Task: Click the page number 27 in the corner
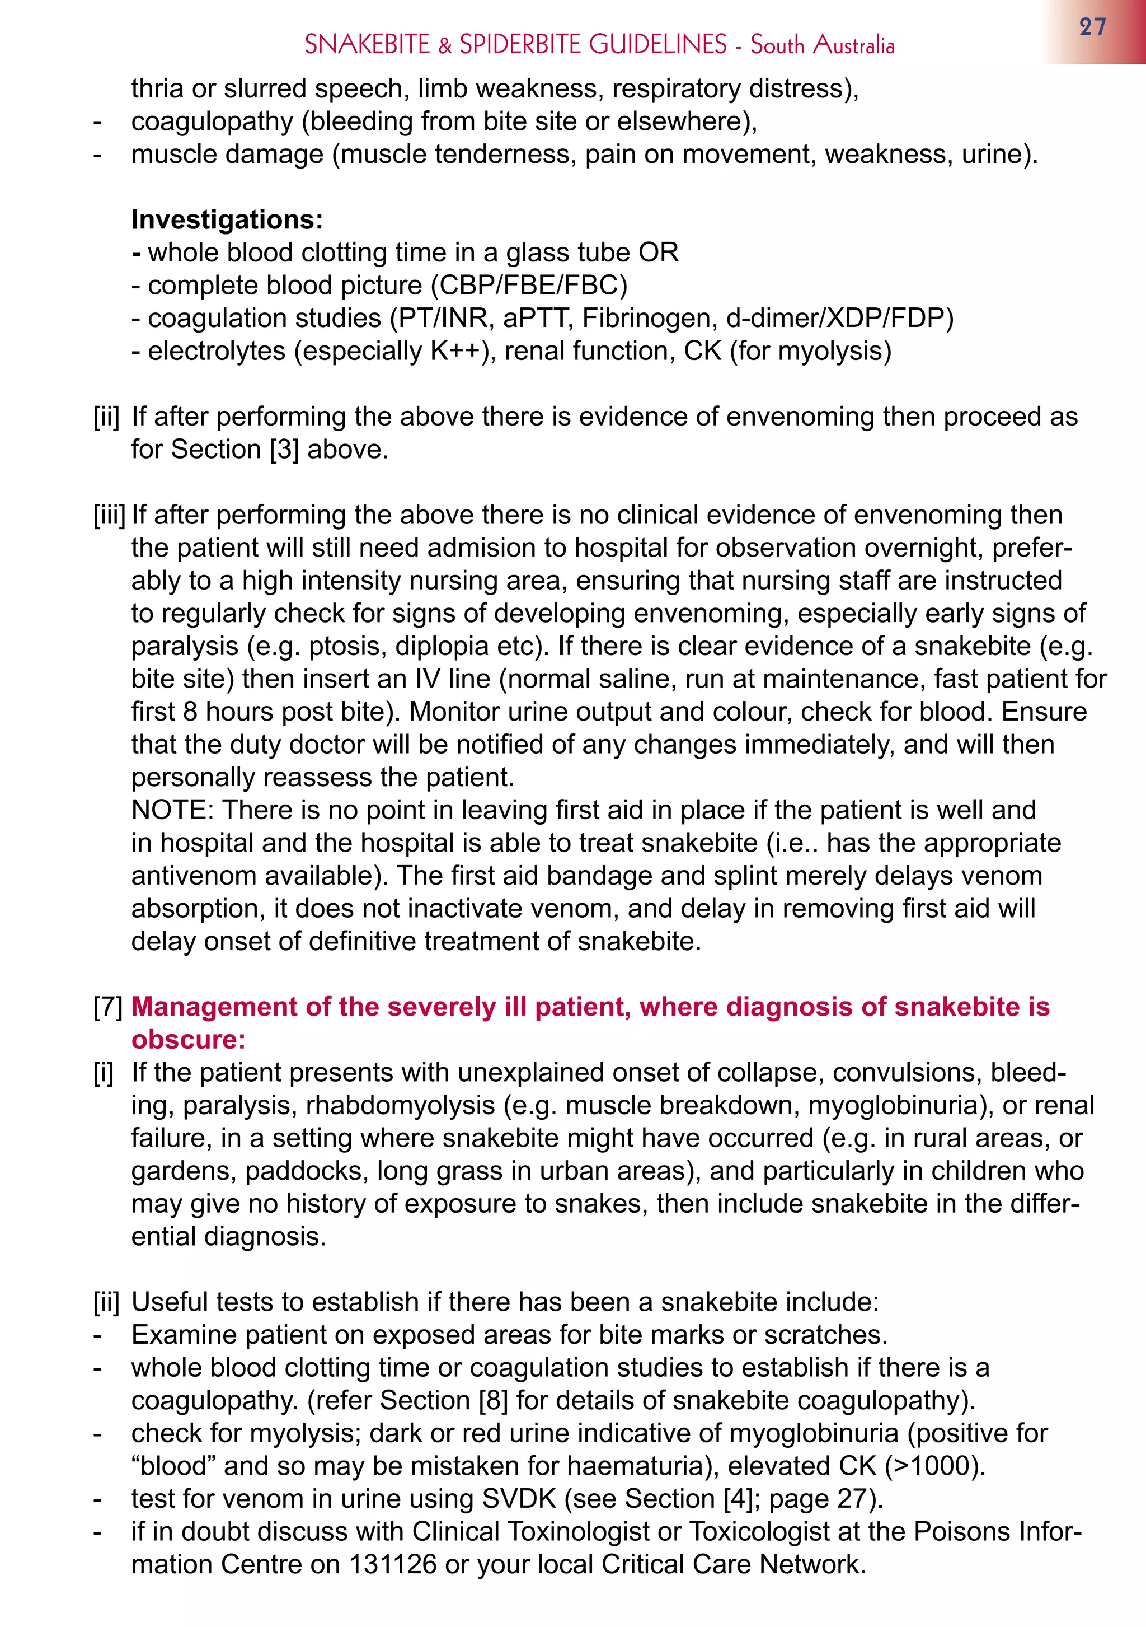click(1092, 27)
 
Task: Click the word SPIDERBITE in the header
click(522, 45)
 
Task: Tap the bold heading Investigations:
click(227, 219)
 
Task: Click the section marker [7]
click(107, 1007)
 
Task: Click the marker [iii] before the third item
click(109, 515)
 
